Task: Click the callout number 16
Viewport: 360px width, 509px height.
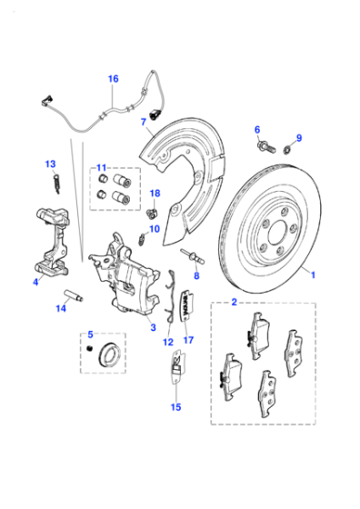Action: coord(113,79)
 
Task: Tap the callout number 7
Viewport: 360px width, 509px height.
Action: coord(144,122)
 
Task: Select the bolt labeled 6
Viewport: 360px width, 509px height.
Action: coord(266,147)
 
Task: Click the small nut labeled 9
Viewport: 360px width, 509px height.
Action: coord(286,150)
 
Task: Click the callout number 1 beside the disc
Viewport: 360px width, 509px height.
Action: coord(313,275)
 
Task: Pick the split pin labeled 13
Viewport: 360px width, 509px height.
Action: coord(56,185)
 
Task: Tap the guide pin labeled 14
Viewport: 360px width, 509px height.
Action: coord(74,294)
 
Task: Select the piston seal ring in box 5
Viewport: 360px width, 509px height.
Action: coord(110,354)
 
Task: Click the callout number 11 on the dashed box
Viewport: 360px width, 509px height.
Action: coord(101,168)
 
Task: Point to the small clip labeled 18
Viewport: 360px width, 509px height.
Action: coord(152,214)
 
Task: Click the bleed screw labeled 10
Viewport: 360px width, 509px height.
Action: coord(142,239)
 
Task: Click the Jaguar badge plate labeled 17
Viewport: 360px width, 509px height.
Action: coord(187,305)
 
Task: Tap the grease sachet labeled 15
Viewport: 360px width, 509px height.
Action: coord(176,367)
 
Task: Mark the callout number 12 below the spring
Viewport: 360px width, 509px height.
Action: coord(168,342)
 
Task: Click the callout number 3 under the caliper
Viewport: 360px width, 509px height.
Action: coord(154,327)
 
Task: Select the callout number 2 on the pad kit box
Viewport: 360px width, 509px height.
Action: coord(234,302)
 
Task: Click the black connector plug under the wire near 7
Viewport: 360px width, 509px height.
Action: coord(154,115)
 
